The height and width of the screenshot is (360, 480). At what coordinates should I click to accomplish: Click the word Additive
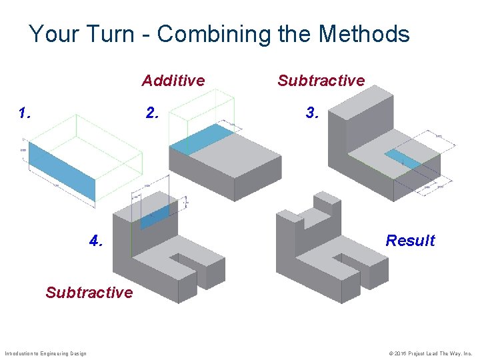(173, 81)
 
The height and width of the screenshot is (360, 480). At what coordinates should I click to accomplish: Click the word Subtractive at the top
(321, 81)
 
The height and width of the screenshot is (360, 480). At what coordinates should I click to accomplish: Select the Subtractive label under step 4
(89, 292)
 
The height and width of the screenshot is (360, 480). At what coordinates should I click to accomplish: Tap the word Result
(410, 241)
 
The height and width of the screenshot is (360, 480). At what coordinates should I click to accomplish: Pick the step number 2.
(153, 113)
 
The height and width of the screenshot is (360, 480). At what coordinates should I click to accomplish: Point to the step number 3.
(312, 113)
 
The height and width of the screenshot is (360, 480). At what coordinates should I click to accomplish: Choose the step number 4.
(96, 241)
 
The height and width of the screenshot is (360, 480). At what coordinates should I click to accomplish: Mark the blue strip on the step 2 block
(201, 139)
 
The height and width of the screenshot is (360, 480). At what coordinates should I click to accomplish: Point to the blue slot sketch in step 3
(402, 159)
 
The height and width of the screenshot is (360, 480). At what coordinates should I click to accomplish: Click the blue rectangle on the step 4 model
(155, 216)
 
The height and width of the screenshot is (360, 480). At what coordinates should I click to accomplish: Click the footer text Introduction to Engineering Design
(45, 353)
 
